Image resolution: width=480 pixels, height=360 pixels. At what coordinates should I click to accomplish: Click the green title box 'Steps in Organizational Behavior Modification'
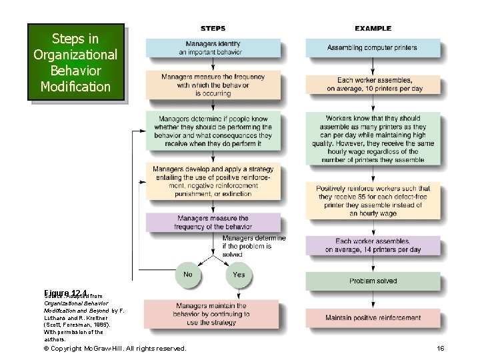(x=75, y=62)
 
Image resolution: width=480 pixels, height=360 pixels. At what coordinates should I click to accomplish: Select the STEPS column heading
(x=213, y=29)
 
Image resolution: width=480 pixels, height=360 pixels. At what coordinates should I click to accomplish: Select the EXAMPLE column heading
(x=373, y=29)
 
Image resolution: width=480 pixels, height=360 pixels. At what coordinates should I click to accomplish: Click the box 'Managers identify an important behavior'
(x=213, y=48)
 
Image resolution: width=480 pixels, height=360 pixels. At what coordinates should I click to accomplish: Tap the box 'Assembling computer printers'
(x=373, y=48)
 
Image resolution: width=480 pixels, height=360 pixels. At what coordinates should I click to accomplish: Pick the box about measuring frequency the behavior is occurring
(x=213, y=85)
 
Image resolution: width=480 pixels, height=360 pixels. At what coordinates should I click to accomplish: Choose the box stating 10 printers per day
(x=373, y=84)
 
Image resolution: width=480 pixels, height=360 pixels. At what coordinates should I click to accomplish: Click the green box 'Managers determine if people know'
(x=213, y=131)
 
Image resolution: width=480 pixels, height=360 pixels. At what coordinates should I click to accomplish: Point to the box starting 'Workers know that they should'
(x=373, y=138)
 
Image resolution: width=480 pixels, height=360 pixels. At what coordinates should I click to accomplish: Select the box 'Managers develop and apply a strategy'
(x=213, y=181)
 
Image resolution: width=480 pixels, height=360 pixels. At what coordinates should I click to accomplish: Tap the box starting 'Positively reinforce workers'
(x=373, y=201)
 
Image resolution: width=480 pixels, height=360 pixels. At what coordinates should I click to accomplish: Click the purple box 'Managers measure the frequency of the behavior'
(x=213, y=222)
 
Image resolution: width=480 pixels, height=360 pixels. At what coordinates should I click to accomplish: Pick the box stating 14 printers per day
(x=373, y=245)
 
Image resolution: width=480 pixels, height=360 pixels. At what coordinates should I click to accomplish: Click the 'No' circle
(x=188, y=274)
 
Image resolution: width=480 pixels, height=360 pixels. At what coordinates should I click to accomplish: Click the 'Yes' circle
(x=239, y=274)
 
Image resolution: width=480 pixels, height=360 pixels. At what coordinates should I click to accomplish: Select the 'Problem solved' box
(x=373, y=281)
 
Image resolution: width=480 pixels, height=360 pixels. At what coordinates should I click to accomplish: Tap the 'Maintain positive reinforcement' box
(x=373, y=318)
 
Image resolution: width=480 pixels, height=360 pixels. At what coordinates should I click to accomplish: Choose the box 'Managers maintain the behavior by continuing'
(x=213, y=313)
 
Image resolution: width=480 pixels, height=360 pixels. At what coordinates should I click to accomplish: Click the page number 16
(x=440, y=349)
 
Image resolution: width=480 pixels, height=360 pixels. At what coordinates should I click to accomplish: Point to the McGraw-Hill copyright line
(x=115, y=349)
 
